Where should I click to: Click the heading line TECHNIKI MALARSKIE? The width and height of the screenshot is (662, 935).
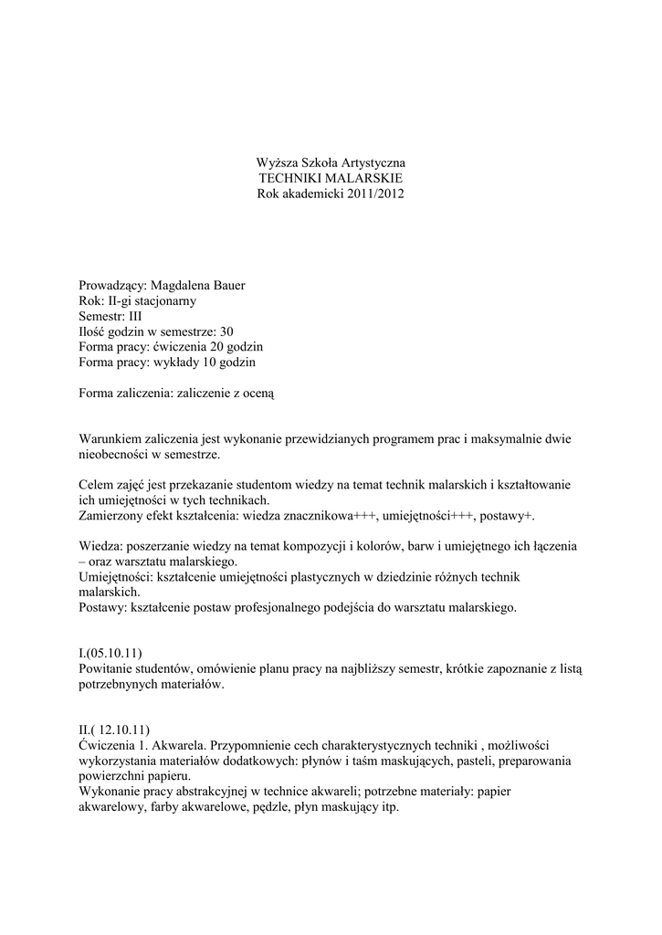tap(331, 178)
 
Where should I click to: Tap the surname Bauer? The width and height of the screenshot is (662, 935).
tap(227, 285)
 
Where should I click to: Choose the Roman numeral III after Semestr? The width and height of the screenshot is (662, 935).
tap(136, 316)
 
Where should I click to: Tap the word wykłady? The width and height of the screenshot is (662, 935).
tap(173, 362)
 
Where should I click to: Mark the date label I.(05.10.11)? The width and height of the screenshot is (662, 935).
tap(110, 654)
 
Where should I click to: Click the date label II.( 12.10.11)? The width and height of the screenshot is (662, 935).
tap(115, 731)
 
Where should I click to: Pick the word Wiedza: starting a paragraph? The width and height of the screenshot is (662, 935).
tap(100, 545)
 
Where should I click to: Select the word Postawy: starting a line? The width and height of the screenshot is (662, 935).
tap(103, 607)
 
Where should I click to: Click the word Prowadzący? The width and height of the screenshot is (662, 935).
tap(112, 285)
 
